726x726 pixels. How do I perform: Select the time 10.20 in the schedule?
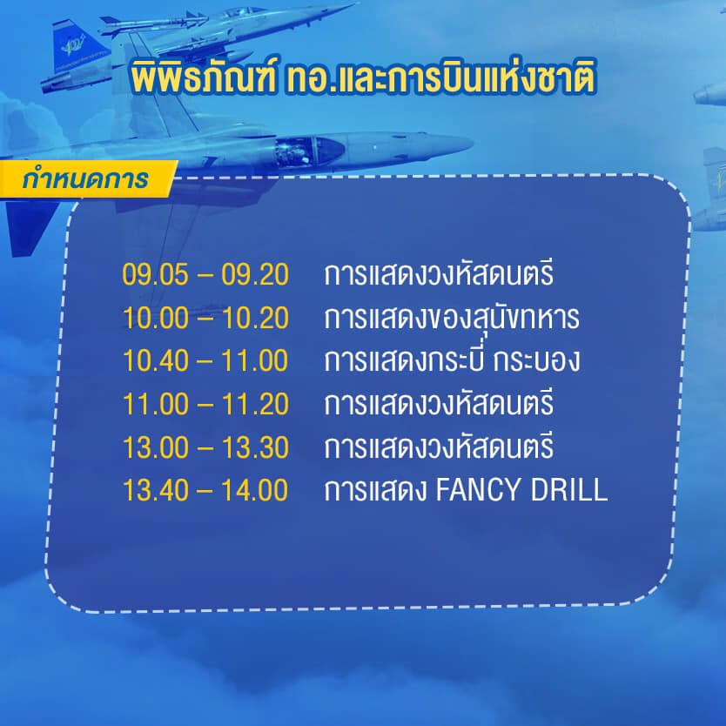[254, 318]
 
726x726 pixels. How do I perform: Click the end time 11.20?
[254, 404]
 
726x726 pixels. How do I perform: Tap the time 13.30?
[254, 447]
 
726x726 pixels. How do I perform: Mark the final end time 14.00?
[254, 491]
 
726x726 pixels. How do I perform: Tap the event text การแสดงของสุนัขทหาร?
[451, 318]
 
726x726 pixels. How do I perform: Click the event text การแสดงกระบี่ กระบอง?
[451, 360]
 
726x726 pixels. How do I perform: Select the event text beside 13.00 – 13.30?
[438, 447]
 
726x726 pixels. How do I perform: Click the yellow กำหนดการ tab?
[84, 180]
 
